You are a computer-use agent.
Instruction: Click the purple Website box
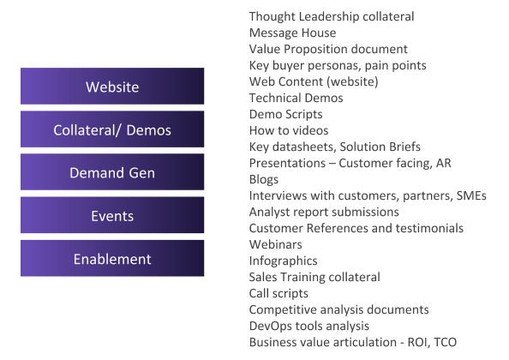click(x=112, y=86)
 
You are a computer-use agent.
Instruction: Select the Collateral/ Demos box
click(x=112, y=129)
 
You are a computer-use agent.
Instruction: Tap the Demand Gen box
click(x=112, y=172)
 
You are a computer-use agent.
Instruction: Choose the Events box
click(x=112, y=215)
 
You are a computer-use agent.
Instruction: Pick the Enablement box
click(x=112, y=258)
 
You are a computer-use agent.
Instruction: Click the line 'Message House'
click(x=292, y=33)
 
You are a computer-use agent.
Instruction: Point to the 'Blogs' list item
click(x=264, y=179)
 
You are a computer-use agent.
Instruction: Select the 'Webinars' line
click(x=275, y=244)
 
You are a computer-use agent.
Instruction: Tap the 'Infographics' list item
click(x=283, y=261)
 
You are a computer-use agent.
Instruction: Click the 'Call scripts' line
click(x=278, y=293)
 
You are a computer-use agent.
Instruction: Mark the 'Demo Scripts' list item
click(x=285, y=114)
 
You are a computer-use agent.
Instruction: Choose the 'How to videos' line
click(x=289, y=130)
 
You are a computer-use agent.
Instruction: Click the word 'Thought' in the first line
click(x=272, y=16)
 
